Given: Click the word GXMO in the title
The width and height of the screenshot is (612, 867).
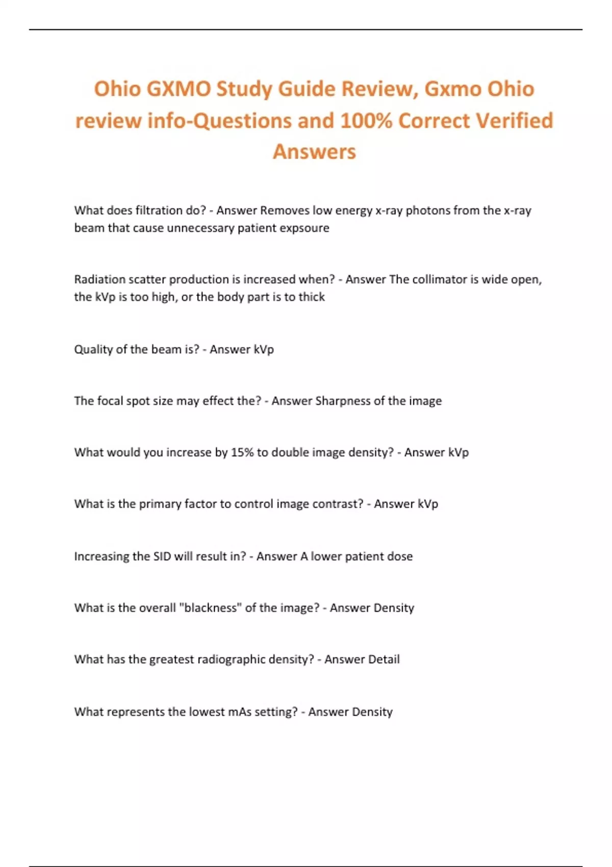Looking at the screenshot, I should click(178, 89).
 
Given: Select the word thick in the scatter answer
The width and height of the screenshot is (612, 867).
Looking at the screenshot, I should click(312, 297).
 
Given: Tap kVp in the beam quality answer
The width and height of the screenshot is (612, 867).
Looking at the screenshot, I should click(264, 349).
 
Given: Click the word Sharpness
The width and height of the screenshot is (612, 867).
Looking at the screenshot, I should click(343, 401).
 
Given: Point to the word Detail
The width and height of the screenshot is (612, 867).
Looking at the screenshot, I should click(384, 659).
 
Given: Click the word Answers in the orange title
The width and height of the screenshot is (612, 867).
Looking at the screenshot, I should click(314, 152).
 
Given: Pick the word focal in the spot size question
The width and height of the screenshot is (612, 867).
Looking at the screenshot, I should click(110, 401).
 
